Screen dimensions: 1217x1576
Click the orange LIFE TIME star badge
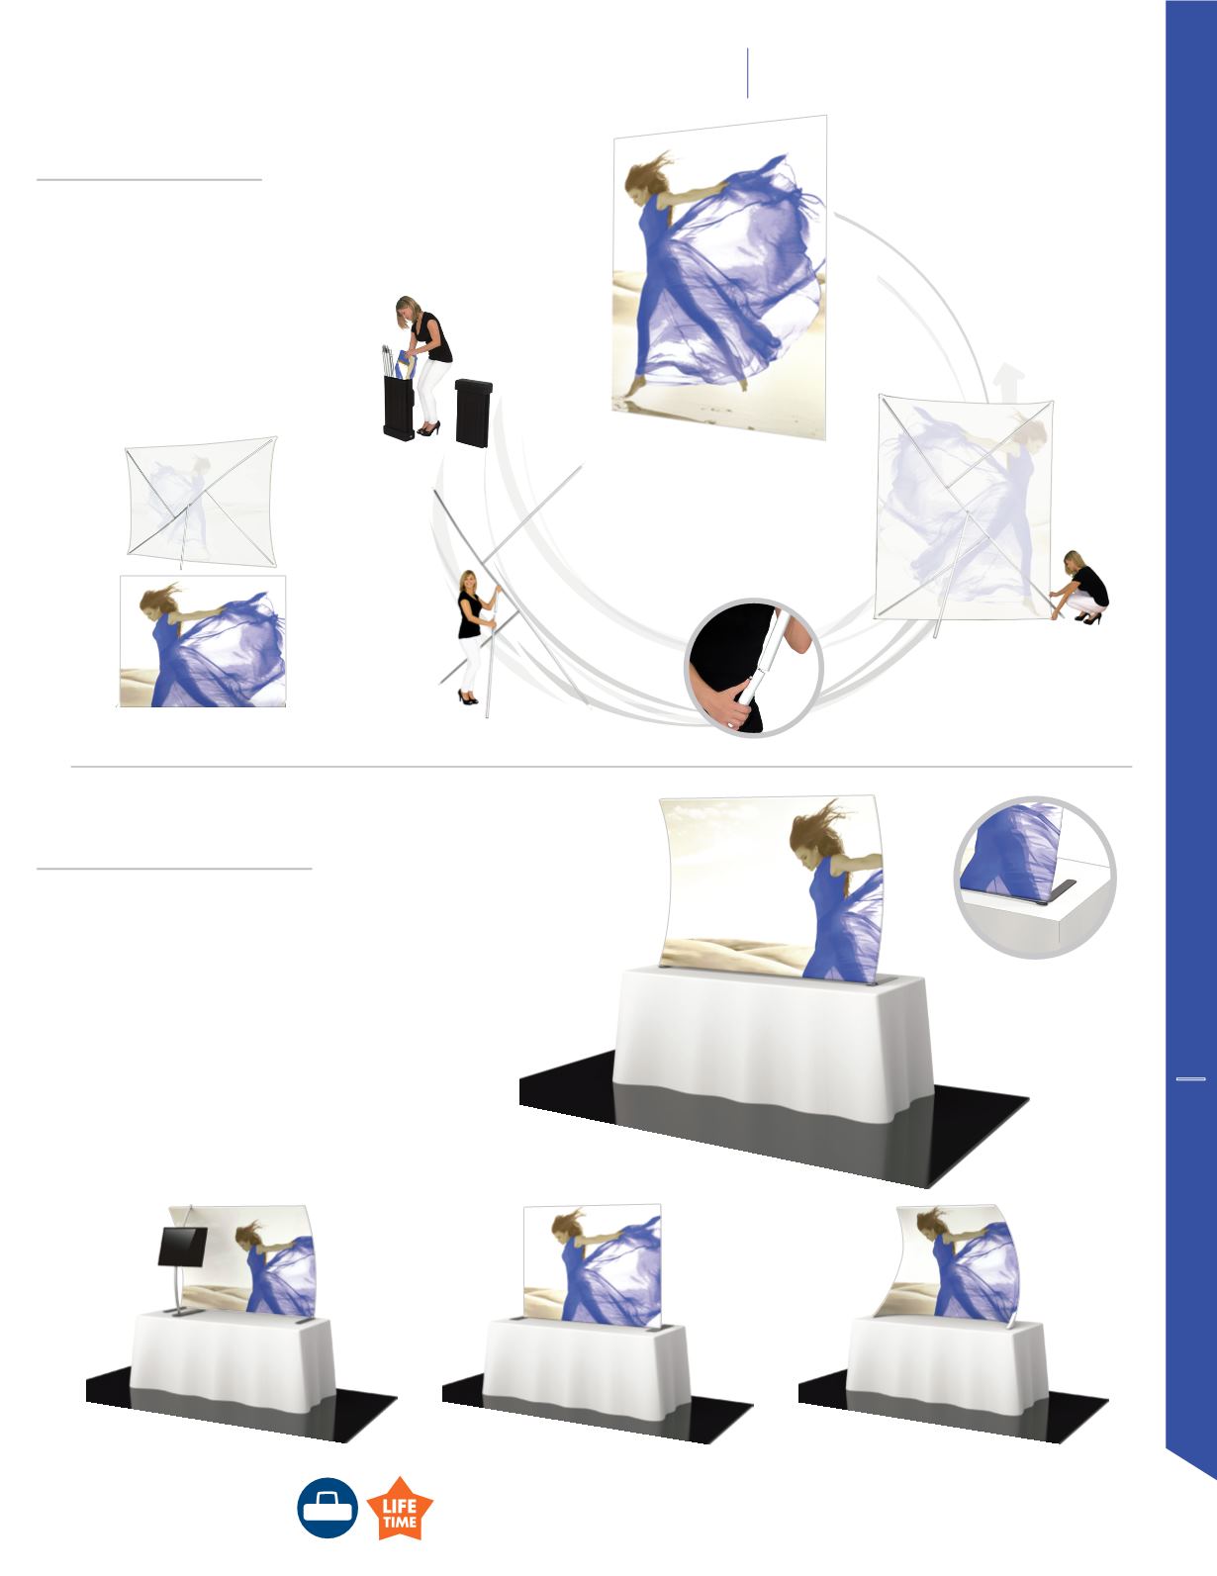(x=400, y=1508)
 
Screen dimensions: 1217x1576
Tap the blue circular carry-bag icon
(x=328, y=1508)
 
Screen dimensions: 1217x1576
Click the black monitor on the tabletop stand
(x=182, y=1246)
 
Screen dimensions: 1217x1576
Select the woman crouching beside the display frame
(x=1079, y=588)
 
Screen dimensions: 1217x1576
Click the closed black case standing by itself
(x=474, y=412)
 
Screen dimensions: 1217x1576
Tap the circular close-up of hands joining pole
(x=753, y=667)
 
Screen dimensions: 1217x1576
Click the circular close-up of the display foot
(x=1035, y=878)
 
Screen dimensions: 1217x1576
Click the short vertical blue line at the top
(x=747, y=73)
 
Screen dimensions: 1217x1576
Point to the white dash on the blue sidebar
(x=1190, y=1100)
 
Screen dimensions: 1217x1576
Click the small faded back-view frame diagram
(x=202, y=502)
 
